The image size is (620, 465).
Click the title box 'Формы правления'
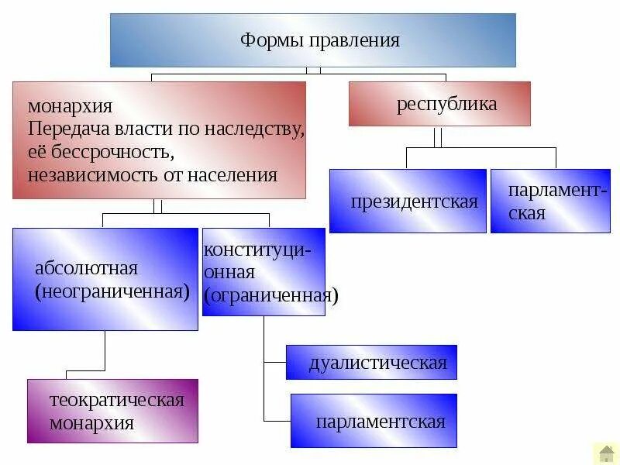click(312, 40)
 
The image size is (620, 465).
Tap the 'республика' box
click(439, 104)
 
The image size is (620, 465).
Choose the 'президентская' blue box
click(408, 201)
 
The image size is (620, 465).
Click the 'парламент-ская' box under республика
click(550, 201)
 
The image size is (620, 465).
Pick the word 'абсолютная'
click(86, 268)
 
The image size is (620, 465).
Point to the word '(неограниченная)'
click(112, 291)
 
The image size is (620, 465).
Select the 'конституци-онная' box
click(263, 271)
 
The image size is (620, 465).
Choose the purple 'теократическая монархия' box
click(112, 411)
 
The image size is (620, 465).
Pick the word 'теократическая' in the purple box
click(116, 400)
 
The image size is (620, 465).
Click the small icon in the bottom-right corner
click(605, 453)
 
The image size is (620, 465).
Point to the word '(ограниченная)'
click(271, 295)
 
